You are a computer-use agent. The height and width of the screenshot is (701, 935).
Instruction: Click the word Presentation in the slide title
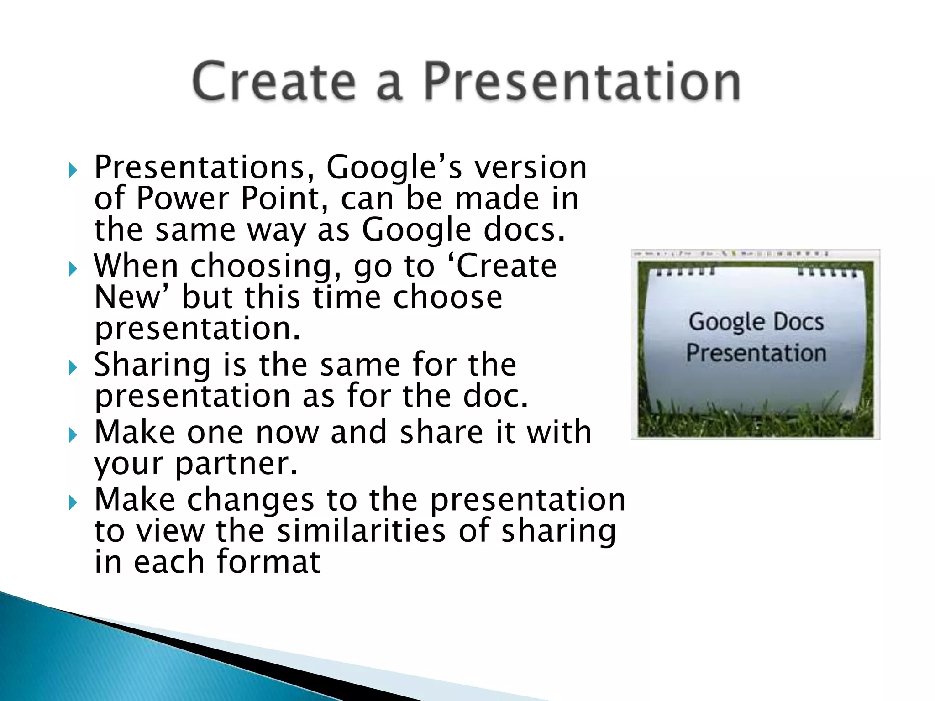(581, 81)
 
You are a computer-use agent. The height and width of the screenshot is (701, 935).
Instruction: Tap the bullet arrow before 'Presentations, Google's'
(73, 171)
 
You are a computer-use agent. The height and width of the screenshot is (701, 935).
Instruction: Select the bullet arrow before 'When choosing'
(73, 269)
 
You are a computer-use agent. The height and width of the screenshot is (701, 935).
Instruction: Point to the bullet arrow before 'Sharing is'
(73, 367)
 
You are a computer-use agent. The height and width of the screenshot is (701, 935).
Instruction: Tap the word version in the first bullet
(531, 167)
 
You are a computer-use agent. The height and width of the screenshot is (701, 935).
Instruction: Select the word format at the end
(268, 562)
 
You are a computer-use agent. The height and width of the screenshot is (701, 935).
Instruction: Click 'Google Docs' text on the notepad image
(756, 322)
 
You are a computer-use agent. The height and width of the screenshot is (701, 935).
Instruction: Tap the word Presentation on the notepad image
(756, 353)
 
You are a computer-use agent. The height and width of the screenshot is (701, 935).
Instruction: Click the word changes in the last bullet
(251, 500)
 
